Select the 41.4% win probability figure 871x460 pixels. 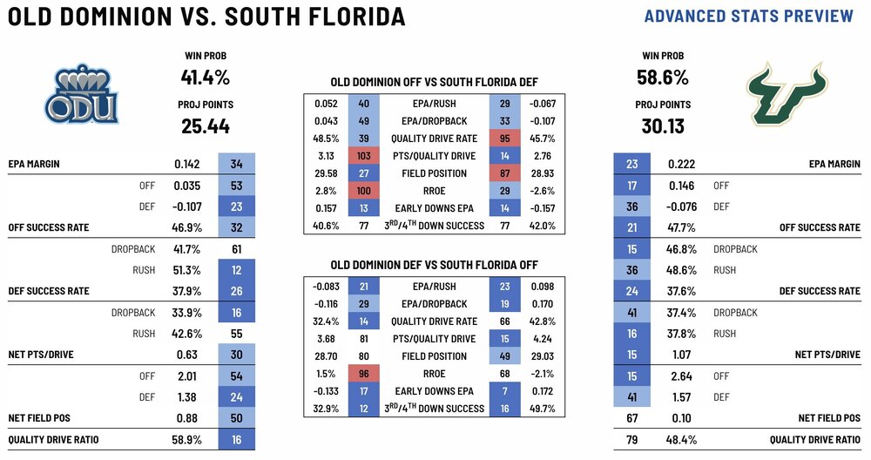pyautogui.click(x=205, y=77)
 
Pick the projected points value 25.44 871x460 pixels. pyautogui.click(x=205, y=126)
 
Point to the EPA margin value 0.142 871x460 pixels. pyautogui.click(x=187, y=163)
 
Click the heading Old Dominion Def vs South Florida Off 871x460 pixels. pyautogui.click(x=434, y=265)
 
